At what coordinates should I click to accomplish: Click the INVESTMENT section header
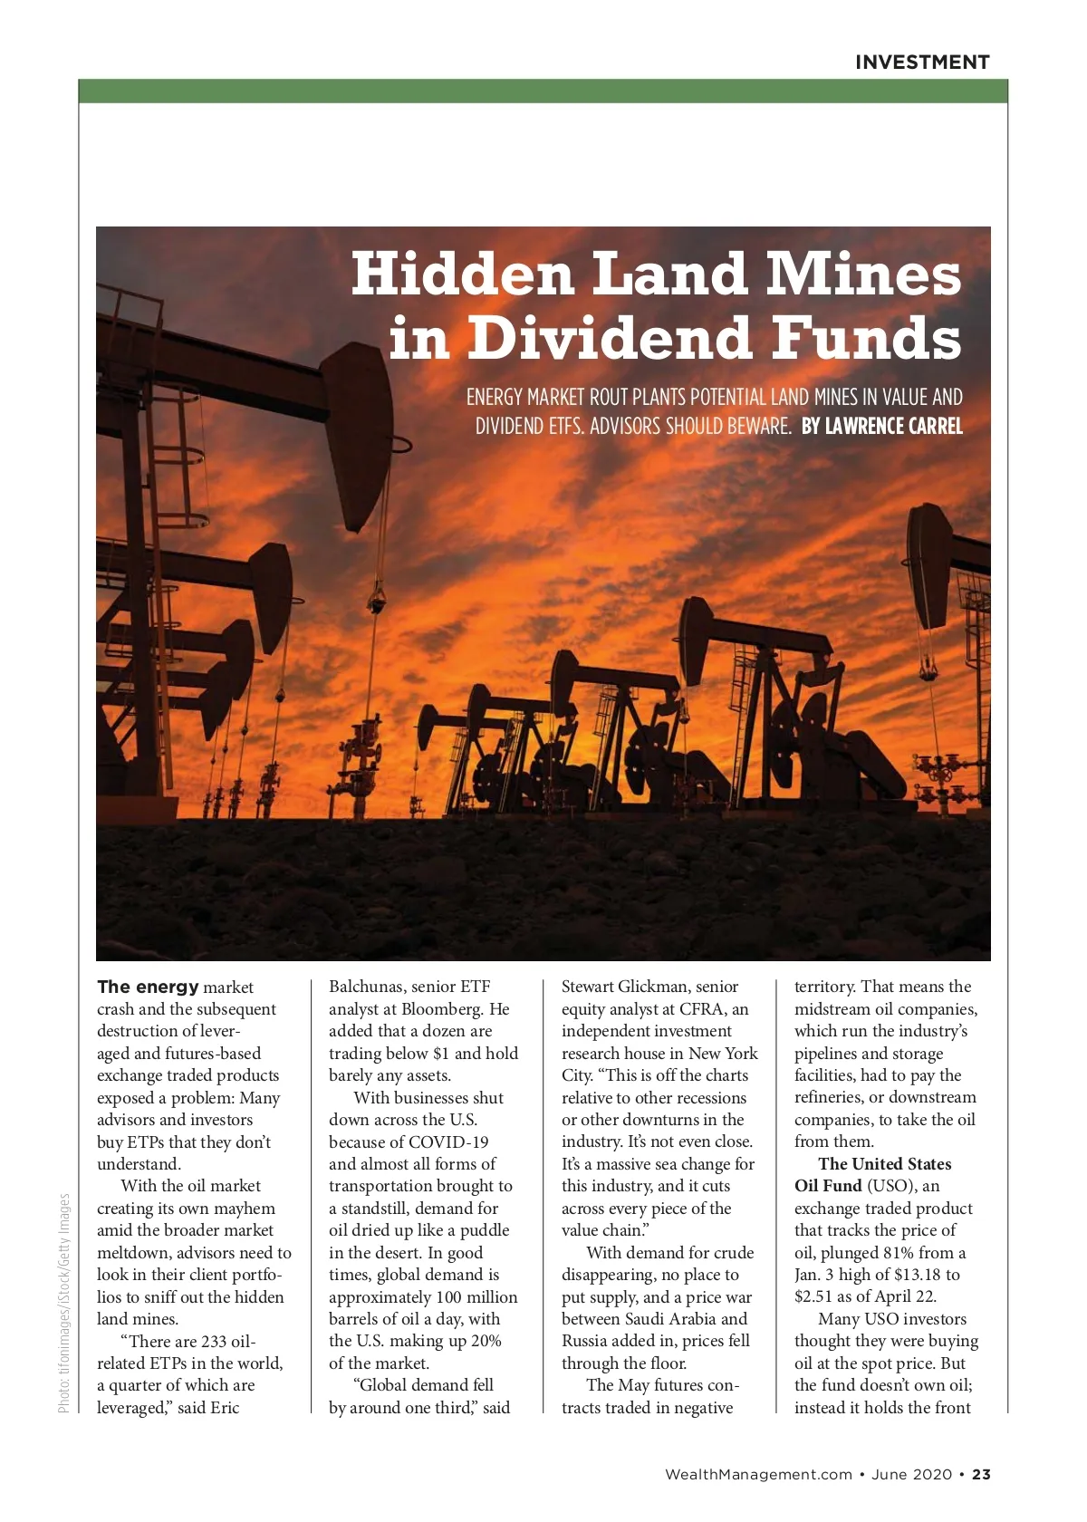[922, 63]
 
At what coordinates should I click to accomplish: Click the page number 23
[982, 1474]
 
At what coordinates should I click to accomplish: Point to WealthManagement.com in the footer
[758, 1474]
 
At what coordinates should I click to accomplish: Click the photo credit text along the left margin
[63, 1303]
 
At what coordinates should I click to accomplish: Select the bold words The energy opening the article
[148, 987]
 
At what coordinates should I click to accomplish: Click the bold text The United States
[885, 1164]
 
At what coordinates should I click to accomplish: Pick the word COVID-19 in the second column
[448, 1141]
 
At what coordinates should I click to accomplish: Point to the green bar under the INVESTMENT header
[543, 91]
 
